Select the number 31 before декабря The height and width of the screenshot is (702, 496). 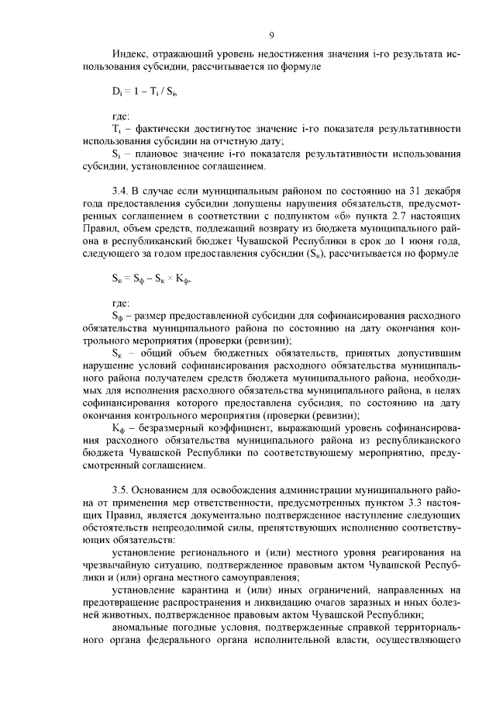pos(398,190)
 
